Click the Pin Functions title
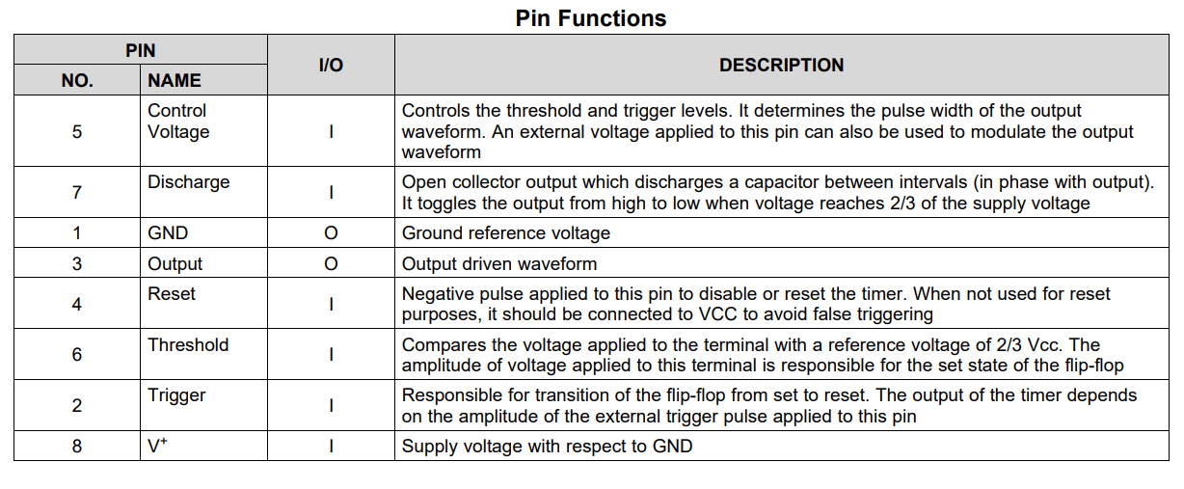coord(590,18)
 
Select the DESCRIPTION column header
coord(781,65)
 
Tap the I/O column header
coord(331,65)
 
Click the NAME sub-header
coord(175,80)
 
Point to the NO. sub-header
coord(77,80)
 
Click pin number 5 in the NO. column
coord(77,131)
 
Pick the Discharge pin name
coord(189,182)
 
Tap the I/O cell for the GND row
coord(331,233)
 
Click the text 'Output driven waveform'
coord(499,264)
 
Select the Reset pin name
coord(172,293)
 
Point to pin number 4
coord(77,304)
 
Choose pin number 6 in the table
coord(77,354)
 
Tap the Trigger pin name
coord(176,395)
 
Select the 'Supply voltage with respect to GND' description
coord(547,447)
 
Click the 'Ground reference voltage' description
coord(506,233)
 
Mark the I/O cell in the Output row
coord(331,264)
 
